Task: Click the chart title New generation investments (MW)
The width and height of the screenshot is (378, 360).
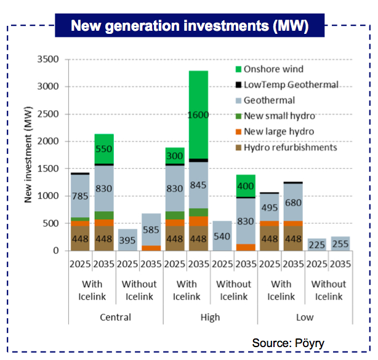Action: point(189,26)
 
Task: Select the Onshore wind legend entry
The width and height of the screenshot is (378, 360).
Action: point(273,69)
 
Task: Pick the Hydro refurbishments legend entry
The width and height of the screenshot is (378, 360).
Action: point(289,148)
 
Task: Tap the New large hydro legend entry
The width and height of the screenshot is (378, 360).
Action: point(278,132)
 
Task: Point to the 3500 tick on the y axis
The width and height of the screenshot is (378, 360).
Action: point(47,60)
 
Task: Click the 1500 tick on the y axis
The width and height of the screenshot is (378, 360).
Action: point(47,169)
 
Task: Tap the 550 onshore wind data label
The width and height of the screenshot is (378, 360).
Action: point(104,150)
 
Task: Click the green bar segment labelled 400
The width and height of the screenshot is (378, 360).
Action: point(246,186)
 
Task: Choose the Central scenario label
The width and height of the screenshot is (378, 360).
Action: point(116,318)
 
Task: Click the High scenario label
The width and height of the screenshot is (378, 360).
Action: point(210,318)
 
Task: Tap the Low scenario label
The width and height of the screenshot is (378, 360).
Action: point(304,318)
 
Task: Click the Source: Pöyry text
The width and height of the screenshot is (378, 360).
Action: point(288,343)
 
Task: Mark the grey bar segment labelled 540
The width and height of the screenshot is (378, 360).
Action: point(222,235)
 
